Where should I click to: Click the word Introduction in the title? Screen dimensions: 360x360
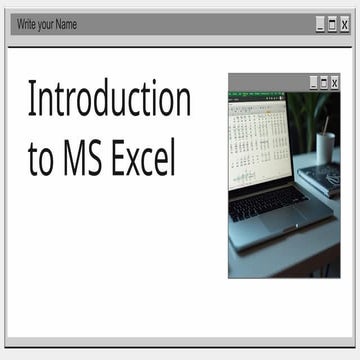tap(109, 100)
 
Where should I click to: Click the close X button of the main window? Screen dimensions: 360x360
tap(345, 23)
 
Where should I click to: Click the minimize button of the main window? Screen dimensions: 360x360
tap(319, 23)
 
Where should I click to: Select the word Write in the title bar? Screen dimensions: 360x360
tap(29, 23)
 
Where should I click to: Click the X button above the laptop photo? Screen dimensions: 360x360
tap(336, 82)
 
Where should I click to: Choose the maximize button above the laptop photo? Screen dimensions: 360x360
tap(324, 82)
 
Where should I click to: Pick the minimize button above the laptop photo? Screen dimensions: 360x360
tap(313, 82)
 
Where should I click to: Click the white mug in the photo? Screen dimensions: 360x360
tap(326, 147)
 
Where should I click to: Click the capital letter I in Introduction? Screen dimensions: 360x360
tap(32, 100)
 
